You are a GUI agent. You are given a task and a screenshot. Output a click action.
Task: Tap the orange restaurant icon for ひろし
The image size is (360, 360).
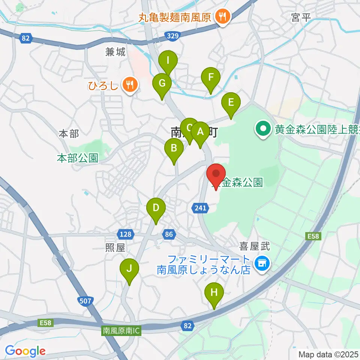coord(130,85)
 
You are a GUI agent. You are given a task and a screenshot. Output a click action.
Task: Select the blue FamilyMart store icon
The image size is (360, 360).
coord(261,264)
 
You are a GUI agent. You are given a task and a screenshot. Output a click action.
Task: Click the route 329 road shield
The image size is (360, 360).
coord(172,36)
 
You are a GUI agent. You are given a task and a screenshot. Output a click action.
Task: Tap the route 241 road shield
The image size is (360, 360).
coord(201,208)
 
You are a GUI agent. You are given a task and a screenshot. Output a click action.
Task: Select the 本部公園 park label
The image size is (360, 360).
coord(78,158)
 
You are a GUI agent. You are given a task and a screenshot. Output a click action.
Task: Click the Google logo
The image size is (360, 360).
coord(25,351)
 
